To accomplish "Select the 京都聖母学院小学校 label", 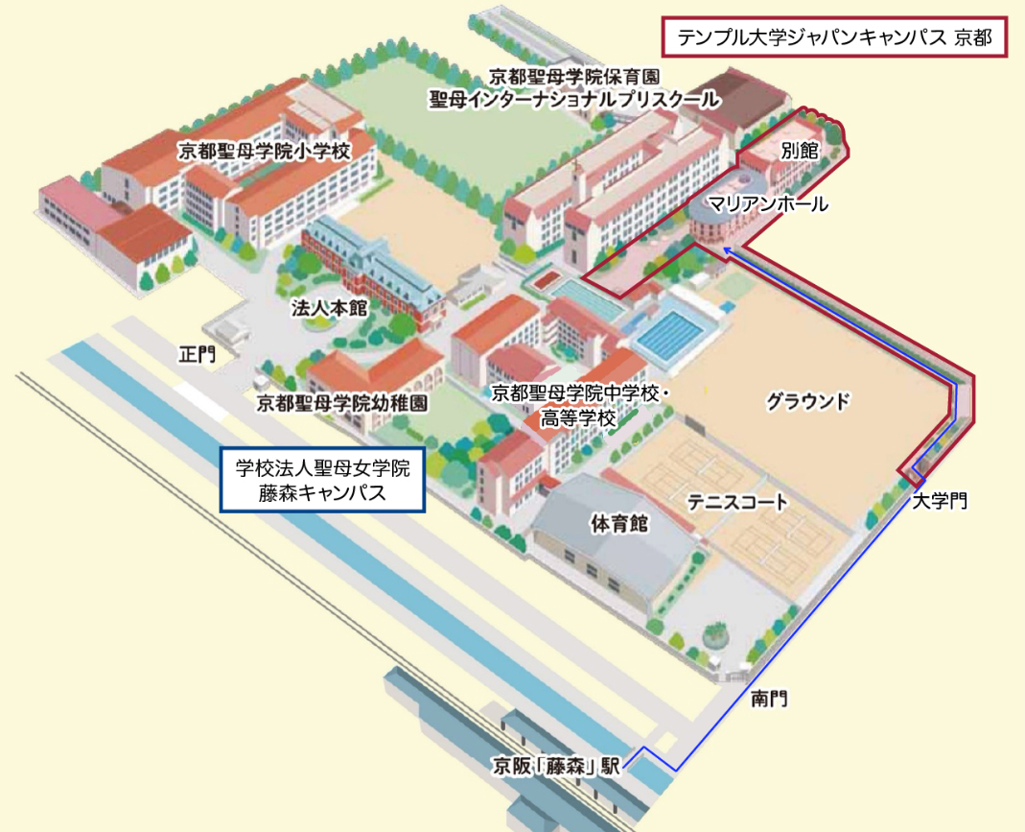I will pos(265,151).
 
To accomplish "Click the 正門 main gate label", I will pos(198,354).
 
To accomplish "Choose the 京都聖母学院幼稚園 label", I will pos(341,403).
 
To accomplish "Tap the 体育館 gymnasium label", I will pos(620,524).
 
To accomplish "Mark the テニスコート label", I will pos(737,501).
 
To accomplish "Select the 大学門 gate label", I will pos(940,500).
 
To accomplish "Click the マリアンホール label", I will pos(767,204).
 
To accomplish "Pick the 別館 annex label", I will pos(798,151).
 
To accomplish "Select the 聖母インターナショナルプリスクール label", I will pos(573,98).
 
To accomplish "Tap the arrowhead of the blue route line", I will pos(728,250).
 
